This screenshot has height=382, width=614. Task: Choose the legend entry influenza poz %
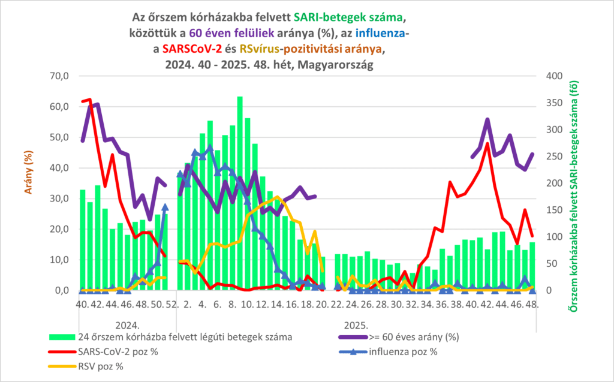coord(403,351)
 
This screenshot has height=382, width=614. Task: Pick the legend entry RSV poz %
coord(102,365)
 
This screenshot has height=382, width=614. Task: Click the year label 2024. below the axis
coord(127,326)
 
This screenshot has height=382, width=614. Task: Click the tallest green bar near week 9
coord(240,97)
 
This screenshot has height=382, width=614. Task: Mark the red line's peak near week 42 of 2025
coord(487,143)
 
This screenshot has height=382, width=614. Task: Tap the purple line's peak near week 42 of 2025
coord(487,120)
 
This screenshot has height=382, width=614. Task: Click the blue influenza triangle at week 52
coord(165,207)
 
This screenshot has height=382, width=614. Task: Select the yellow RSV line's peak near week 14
coord(277,197)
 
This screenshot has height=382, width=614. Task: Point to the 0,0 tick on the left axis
coord(61,291)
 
